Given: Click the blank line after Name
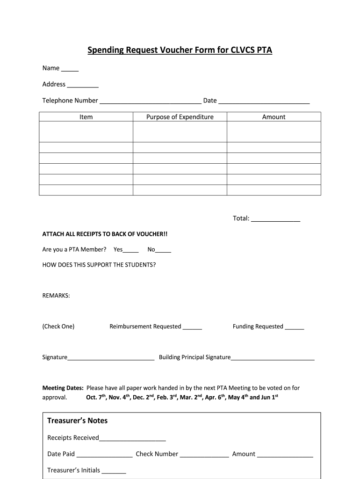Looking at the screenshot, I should click(70, 70).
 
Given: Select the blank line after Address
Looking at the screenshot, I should click(83, 86).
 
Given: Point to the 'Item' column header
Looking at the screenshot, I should click(86, 117).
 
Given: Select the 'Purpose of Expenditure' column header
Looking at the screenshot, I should click(180, 117).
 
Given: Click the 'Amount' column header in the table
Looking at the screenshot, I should click(274, 117).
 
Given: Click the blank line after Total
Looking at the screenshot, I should click(275, 219).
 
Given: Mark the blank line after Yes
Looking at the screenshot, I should click(131, 251).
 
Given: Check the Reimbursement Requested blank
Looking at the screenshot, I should click(192, 328).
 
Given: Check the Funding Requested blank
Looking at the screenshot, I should click(294, 328).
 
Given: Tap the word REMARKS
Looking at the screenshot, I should click(56, 296).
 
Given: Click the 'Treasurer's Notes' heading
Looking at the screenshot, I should click(77, 421).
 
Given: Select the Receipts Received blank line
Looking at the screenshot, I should click(132, 439).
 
